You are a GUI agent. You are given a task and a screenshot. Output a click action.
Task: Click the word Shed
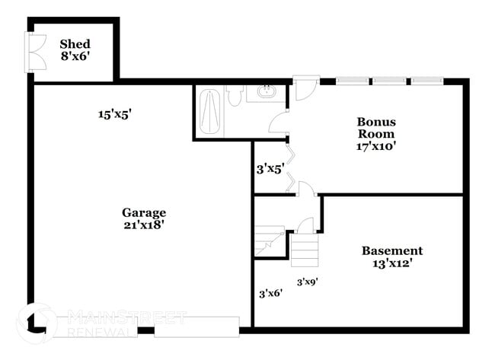pyautogui.click(x=75, y=43)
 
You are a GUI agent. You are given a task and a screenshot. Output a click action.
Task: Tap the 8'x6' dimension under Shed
pyautogui.click(x=75, y=56)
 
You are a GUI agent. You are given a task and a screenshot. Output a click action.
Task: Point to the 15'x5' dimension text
pyautogui.click(x=116, y=114)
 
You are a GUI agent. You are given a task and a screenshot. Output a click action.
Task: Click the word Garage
pyautogui.click(x=144, y=212)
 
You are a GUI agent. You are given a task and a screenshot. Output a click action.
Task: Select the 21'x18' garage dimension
pyautogui.click(x=144, y=225)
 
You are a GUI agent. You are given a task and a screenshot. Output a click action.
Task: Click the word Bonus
pyautogui.click(x=376, y=121)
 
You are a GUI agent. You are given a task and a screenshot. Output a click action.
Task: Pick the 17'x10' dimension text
pyautogui.click(x=376, y=146)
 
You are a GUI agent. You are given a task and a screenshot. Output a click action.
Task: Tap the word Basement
pyautogui.click(x=391, y=250)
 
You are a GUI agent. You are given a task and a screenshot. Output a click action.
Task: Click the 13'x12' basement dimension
pyautogui.click(x=391, y=263)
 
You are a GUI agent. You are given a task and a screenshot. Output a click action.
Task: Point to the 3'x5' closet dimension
pyautogui.click(x=270, y=169)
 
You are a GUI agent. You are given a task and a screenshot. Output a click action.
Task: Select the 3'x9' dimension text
pyautogui.click(x=307, y=281)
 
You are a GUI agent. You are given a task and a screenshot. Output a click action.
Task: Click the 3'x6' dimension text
pyautogui.click(x=270, y=292)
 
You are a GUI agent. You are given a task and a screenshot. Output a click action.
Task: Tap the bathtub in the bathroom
pyautogui.click(x=209, y=112)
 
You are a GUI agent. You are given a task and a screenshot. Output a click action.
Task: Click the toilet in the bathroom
pyautogui.click(x=235, y=97)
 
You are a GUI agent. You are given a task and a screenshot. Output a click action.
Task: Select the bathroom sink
pyautogui.click(x=266, y=94)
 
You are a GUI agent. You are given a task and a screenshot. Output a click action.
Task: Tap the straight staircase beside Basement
pyautogui.click(x=304, y=249)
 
